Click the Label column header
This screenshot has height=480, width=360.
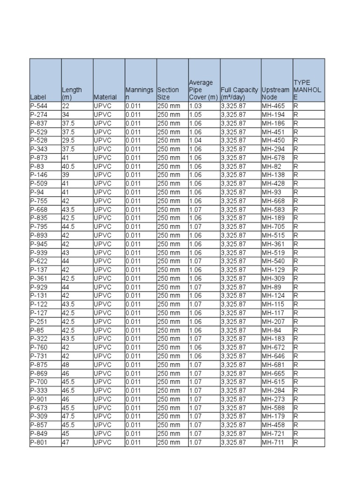pos(38,97)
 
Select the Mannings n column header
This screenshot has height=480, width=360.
pos(139,93)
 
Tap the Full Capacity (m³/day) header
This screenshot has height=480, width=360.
pos(239,93)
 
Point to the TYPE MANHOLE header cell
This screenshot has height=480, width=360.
pos(307,90)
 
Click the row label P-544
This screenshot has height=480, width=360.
pos(38,106)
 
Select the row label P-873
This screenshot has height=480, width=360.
pos(38,158)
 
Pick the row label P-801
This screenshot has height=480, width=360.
pos(38,442)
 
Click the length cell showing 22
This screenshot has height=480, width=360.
pos(66,106)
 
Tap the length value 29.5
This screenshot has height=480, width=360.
pos(68,141)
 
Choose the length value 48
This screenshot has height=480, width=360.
pos(66,365)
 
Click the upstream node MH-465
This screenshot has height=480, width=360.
pos(273,106)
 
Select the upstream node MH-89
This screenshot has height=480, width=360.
pos(271,287)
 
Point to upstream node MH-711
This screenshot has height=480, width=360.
pos(273,442)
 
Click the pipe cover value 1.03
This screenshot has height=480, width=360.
pos(195,106)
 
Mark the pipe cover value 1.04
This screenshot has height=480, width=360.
pos(195,141)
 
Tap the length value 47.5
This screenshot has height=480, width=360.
pos(68,416)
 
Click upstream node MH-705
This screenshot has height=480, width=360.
pos(273,227)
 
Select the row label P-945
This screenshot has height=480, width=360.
pos(38,244)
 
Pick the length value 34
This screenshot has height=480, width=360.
pos(66,115)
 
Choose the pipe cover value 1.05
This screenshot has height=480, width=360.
pos(195,115)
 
